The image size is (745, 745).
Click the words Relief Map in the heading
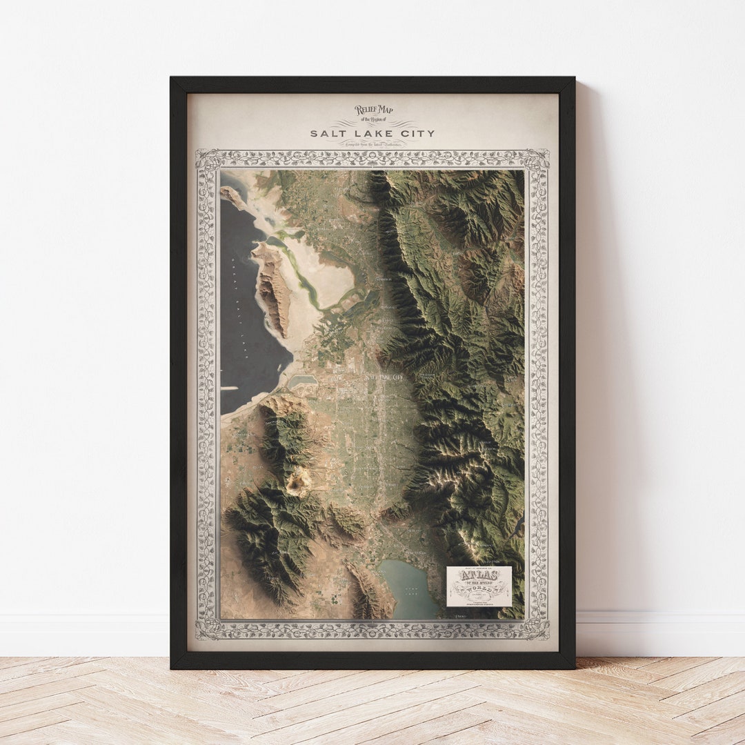(373, 110)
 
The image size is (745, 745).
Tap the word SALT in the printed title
(326, 133)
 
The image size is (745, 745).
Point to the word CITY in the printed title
(415, 133)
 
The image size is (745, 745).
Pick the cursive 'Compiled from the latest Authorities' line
(373, 143)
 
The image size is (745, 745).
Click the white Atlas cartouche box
(479, 586)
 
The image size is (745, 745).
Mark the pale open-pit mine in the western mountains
(298, 483)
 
